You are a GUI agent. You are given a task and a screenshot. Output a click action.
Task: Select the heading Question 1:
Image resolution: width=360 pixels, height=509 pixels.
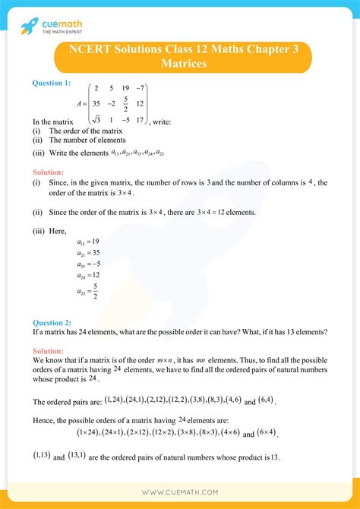point(52,83)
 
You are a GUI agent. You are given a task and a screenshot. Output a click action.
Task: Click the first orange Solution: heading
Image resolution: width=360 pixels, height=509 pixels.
point(48,172)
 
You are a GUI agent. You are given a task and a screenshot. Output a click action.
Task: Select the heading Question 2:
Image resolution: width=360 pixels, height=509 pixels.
point(52,321)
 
